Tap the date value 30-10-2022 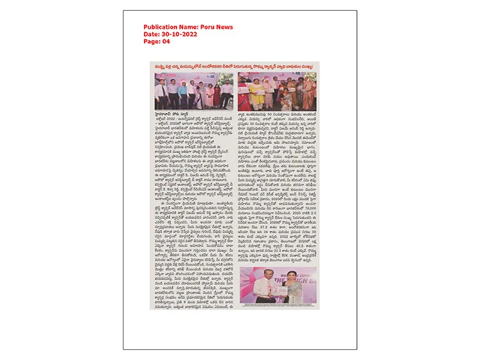[x=181, y=34]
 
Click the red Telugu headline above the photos [x=234, y=67]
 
